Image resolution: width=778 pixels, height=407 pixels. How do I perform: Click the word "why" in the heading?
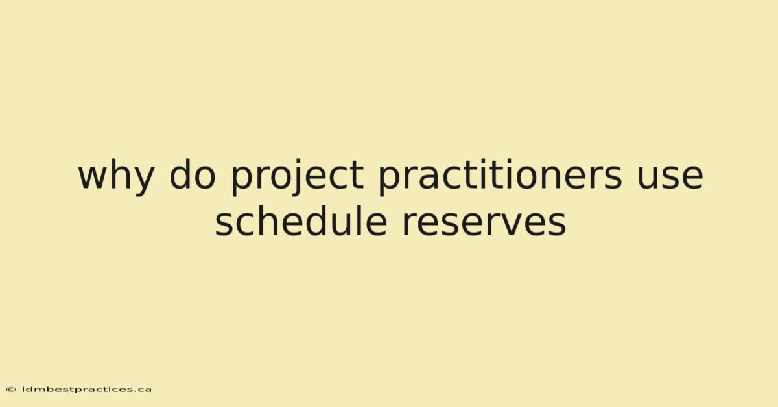[x=116, y=177]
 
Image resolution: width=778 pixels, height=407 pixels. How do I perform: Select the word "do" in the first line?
[x=193, y=174]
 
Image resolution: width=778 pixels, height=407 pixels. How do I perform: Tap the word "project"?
[x=298, y=177]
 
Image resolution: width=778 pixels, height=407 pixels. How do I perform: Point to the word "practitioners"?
[x=500, y=177]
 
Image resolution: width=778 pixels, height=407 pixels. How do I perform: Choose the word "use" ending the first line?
[x=670, y=177]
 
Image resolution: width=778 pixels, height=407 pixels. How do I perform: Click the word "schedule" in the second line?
[x=301, y=220]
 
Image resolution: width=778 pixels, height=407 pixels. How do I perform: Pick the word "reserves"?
[x=484, y=224]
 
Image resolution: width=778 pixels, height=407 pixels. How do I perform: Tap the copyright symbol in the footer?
[x=11, y=390]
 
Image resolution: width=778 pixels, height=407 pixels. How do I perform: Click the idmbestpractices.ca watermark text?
[x=86, y=390]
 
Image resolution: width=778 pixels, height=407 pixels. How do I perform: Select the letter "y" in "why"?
[x=143, y=181]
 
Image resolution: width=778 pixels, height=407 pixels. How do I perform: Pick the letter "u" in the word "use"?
[x=648, y=178]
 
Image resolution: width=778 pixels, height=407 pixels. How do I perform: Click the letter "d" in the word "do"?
[x=182, y=174]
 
